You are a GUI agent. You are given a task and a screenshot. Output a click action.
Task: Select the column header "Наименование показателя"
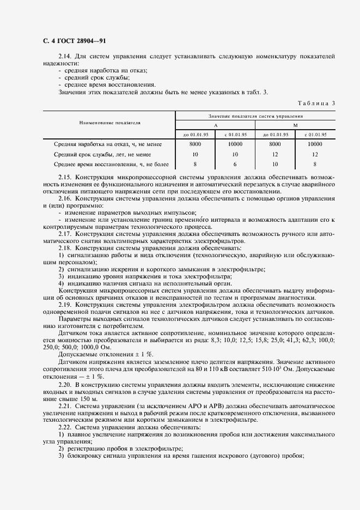pyautogui.click(x=109, y=123)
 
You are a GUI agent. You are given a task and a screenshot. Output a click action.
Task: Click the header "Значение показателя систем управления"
pyautogui.click(x=255, y=116)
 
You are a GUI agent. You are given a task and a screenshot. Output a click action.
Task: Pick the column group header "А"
pyautogui.click(x=215, y=125)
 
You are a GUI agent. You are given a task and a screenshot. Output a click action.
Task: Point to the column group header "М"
pyautogui.click(x=296, y=125)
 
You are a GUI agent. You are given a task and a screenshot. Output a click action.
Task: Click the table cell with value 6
pyautogui.click(x=235, y=164)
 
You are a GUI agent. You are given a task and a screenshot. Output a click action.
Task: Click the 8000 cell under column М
pyautogui.click(x=275, y=144)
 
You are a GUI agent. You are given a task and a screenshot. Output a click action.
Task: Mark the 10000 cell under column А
pyautogui.click(x=235, y=144)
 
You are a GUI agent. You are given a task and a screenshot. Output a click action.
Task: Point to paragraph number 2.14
pyautogui.click(x=65, y=56)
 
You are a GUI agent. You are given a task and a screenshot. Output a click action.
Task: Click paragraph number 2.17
pyautogui.click(x=65, y=234)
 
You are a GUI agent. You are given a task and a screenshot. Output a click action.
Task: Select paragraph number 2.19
pyautogui.click(x=65, y=305)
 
